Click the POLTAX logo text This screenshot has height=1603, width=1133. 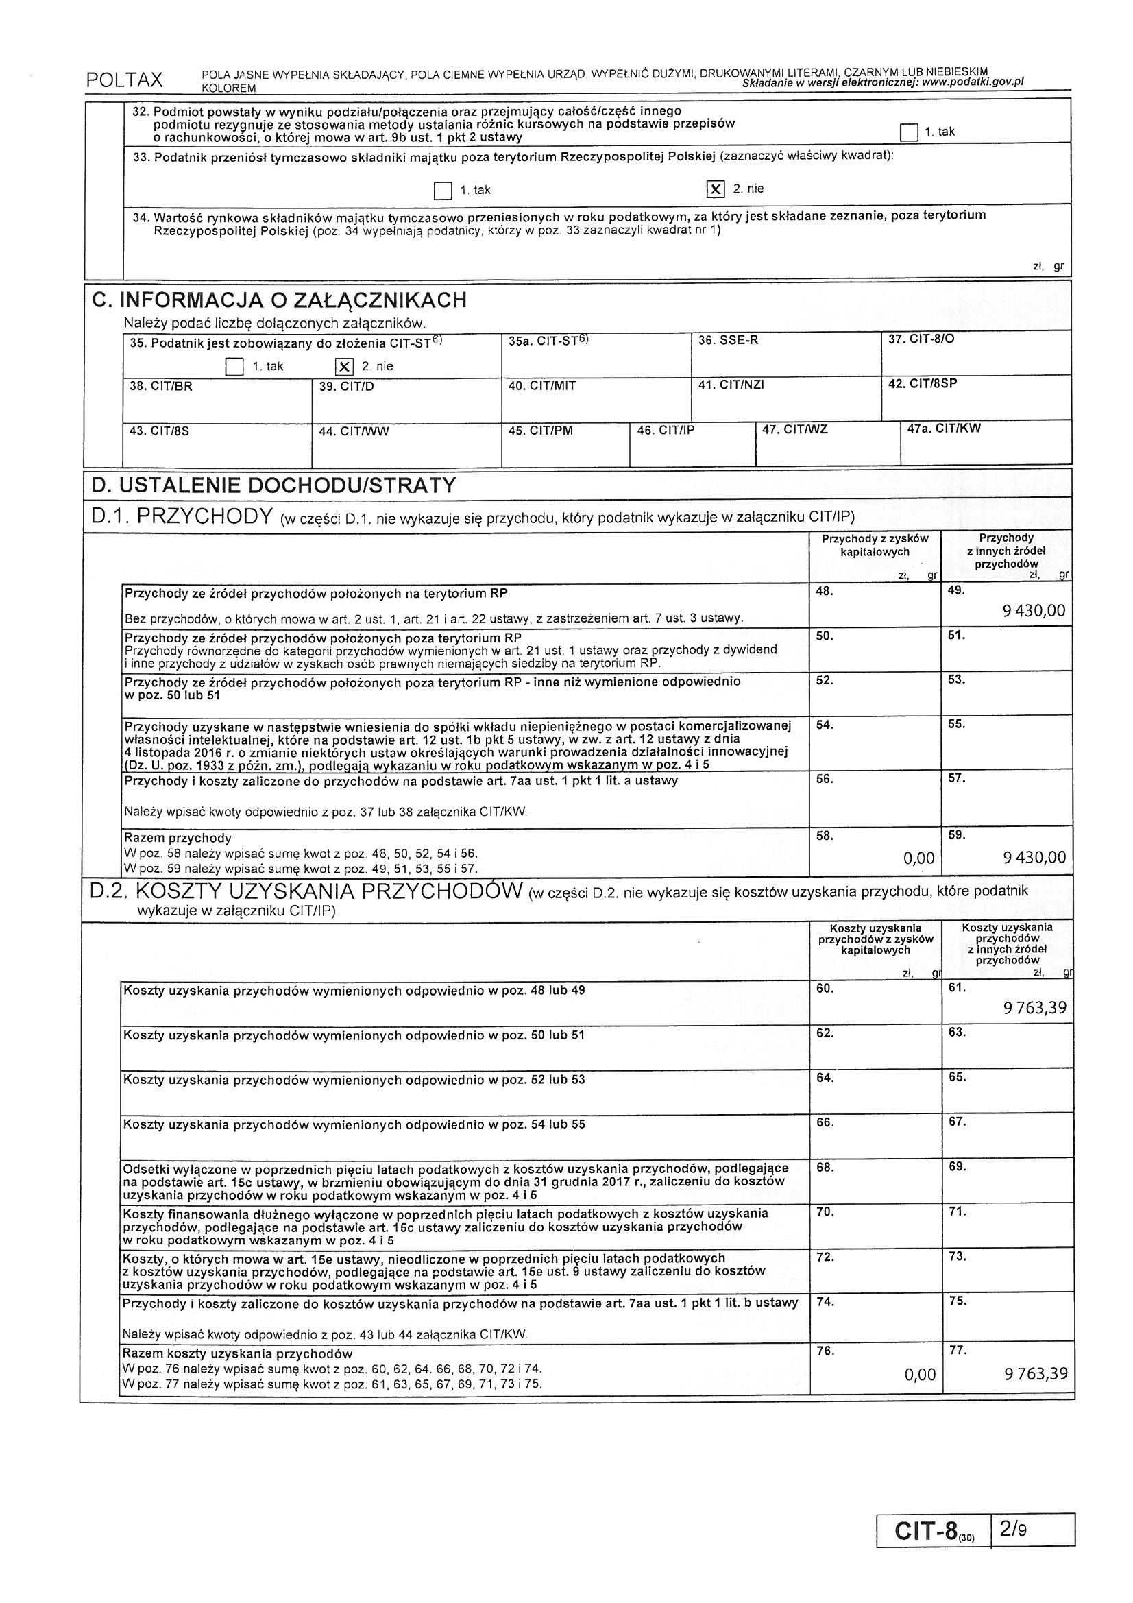tap(124, 80)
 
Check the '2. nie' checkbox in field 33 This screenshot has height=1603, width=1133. tap(715, 189)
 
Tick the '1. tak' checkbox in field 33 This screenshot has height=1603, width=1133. tap(443, 190)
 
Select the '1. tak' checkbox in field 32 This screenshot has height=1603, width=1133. tap(908, 132)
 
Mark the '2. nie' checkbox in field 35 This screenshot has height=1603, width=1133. tap(343, 366)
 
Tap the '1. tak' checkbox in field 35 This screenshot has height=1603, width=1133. tap(234, 367)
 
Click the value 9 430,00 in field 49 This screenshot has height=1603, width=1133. tap(1034, 611)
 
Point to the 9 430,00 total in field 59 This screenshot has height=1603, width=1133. tap(1034, 857)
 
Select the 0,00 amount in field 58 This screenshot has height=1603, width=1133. tap(918, 858)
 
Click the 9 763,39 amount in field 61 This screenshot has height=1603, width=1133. tap(1034, 1007)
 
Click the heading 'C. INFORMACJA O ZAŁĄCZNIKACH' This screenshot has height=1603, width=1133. tap(279, 301)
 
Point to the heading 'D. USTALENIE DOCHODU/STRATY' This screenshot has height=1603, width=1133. tap(273, 485)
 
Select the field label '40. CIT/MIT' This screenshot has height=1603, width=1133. tap(541, 385)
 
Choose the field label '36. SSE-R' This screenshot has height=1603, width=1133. tap(728, 340)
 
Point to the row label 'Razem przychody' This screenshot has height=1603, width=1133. tap(178, 838)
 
